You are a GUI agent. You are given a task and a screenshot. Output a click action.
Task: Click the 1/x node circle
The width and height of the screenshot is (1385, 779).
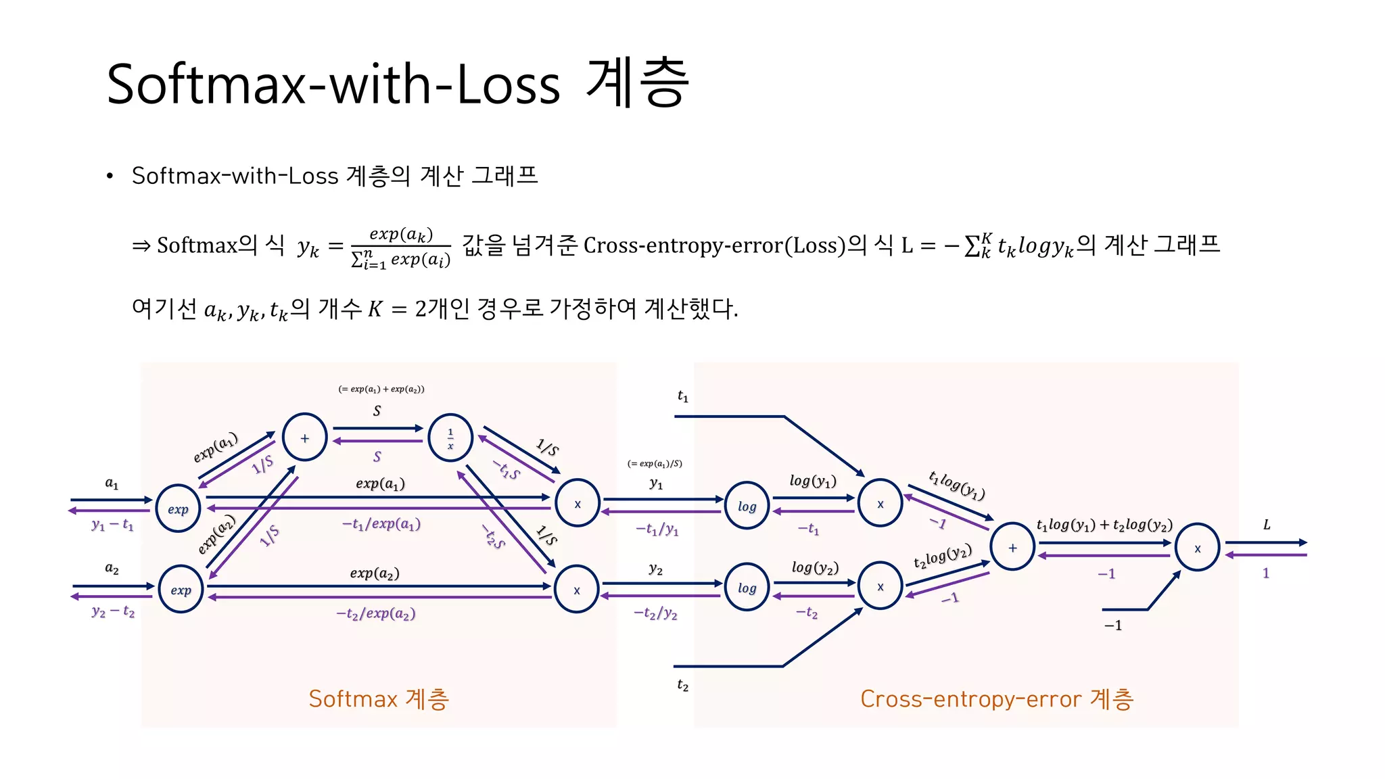pyautogui.click(x=450, y=438)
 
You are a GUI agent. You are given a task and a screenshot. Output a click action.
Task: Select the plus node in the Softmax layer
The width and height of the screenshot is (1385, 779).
pyautogui.click(x=305, y=438)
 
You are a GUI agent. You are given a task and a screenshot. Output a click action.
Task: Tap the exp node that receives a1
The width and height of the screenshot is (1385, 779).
pyautogui.click(x=178, y=509)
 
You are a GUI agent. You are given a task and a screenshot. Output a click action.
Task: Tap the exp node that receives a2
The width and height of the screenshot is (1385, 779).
pyautogui.click(x=181, y=589)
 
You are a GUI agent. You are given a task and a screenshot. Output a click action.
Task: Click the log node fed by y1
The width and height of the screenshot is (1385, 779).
pyautogui.click(x=747, y=506)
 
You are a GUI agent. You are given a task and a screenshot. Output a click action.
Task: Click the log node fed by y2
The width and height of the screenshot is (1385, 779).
pyautogui.click(x=747, y=588)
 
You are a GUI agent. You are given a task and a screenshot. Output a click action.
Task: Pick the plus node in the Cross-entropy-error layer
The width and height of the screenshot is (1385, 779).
pyautogui.click(x=1012, y=547)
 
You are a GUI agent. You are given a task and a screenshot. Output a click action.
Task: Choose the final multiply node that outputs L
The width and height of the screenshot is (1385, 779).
pyautogui.click(x=1197, y=548)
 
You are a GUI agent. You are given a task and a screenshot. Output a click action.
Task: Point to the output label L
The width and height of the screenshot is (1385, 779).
pyautogui.click(x=1267, y=525)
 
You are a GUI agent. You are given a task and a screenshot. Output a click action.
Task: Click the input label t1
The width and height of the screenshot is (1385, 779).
pyautogui.click(x=683, y=396)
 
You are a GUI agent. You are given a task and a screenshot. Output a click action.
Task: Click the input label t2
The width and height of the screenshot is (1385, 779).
pyautogui.click(x=683, y=686)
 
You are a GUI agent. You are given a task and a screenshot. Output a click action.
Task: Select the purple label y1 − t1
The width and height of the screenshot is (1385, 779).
pyautogui.click(x=113, y=525)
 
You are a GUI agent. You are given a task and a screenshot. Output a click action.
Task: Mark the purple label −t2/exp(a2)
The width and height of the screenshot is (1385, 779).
pyautogui.click(x=376, y=613)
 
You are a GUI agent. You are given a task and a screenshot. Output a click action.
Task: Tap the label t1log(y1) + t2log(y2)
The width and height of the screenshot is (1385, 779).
pyautogui.click(x=1104, y=525)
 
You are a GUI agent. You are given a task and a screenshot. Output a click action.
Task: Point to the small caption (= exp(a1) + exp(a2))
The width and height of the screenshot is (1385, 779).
pyautogui.click(x=381, y=389)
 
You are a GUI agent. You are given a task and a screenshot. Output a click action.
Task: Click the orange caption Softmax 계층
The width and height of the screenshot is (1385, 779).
pyautogui.click(x=379, y=699)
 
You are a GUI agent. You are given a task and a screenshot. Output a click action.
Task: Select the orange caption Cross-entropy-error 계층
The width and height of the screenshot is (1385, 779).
pyautogui.click(x=997, y=699)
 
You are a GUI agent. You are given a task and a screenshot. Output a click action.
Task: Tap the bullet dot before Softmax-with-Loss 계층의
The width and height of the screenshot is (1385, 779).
pyautogui.click(x=110, y=176)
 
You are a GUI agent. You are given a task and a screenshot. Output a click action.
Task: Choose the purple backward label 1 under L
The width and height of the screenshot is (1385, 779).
pyautogui.click(x=1266, y=573)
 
